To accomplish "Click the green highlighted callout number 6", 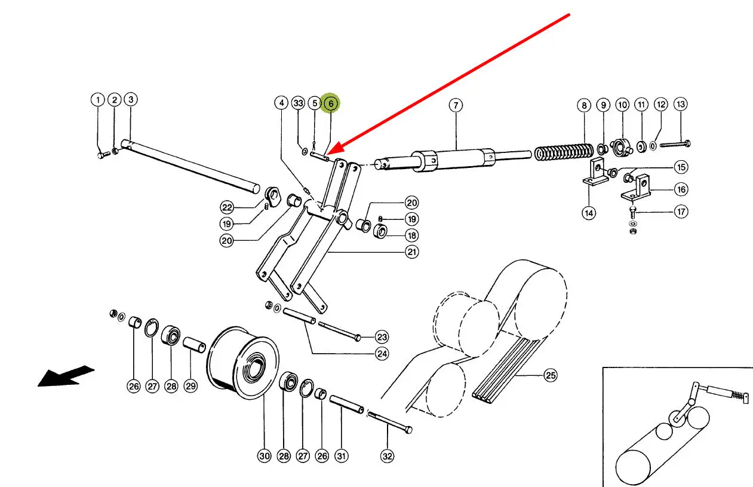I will (330, 103).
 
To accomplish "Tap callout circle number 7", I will (455, 106).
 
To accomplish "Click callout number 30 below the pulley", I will (264, 456).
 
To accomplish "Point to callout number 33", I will (299, 103).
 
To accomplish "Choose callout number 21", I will (412, 252).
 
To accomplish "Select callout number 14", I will (589, 212).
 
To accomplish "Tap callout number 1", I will (97, 100).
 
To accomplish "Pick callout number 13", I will (681, 104).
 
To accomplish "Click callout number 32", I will (388, 456).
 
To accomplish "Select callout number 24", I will (382, 353).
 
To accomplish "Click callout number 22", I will (227, 207).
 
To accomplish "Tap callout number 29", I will (190, 386).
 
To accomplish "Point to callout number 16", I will (681, 189).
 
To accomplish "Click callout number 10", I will (622, 105).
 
